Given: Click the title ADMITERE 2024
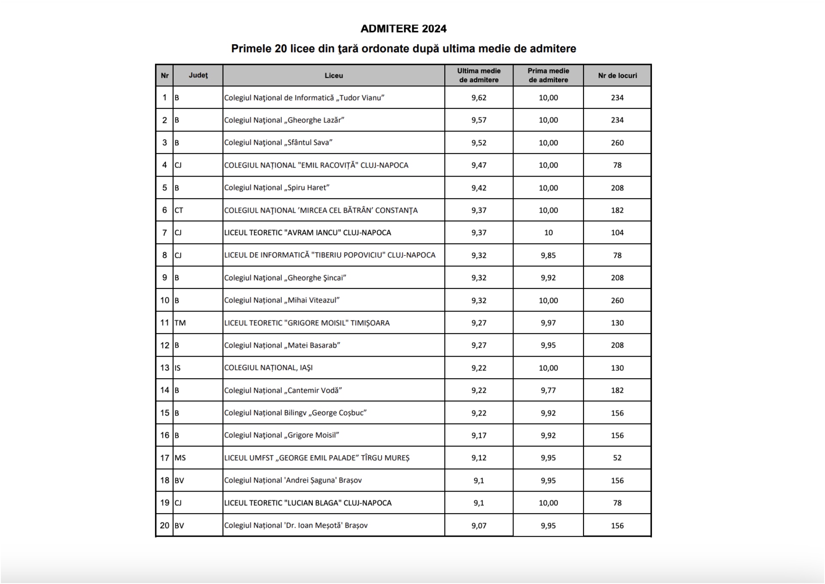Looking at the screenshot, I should [403, 29].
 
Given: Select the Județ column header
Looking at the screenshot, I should [198, 75].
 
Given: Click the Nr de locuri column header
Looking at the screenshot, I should [617, 76].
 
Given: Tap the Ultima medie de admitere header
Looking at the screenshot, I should [479, 75].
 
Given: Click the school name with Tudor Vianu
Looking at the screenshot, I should [304, 98].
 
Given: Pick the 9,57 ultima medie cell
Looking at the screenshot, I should [479, 120].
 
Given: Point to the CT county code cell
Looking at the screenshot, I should [179, 211].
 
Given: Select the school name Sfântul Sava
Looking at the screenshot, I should [278, 143].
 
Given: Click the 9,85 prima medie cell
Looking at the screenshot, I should [548, 255].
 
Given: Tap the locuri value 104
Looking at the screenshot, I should [617, 233].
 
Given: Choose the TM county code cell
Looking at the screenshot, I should [180, 323].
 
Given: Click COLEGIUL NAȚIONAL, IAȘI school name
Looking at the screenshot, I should [268, 368].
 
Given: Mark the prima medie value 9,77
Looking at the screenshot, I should [548, 391].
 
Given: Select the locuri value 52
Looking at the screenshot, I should [617, 458].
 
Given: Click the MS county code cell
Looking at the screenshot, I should [180, 458].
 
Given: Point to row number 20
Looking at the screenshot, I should [165, 526].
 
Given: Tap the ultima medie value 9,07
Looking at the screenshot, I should [479, 526].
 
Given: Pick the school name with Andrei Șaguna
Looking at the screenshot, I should [293, 480].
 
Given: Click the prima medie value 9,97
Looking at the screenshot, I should [548, 323].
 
